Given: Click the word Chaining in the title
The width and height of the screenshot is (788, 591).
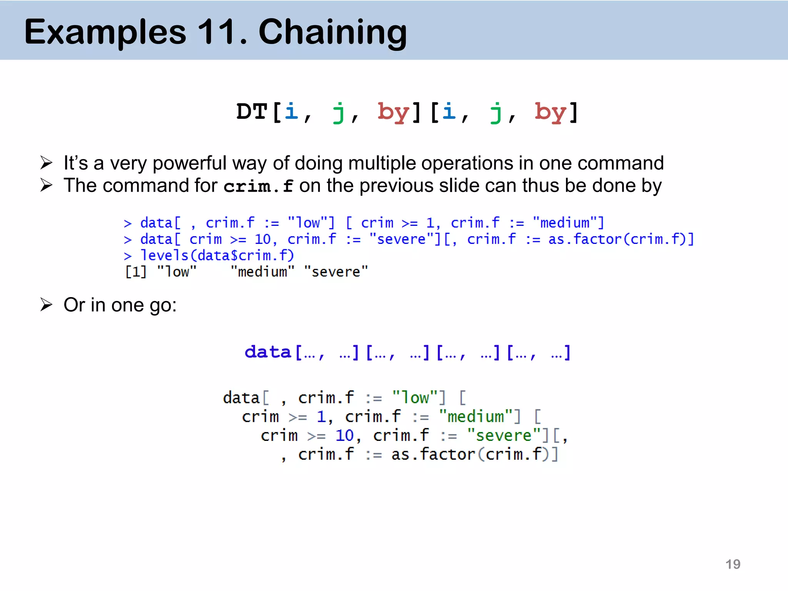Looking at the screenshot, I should tap(332, 32).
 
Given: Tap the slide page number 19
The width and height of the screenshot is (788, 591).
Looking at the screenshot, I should tap(733, 564).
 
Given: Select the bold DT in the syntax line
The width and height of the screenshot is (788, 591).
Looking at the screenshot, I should tap(252, 112).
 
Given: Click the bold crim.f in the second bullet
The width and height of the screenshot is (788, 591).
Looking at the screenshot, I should tap(258, 187).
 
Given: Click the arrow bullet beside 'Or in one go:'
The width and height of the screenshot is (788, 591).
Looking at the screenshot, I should tap(46, 305).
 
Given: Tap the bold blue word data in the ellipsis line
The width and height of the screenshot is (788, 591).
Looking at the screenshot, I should tap(268, 352).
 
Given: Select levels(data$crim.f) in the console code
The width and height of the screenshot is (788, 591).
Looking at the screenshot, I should tap(217, 255).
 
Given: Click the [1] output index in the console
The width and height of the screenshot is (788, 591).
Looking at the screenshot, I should tap(136, 272).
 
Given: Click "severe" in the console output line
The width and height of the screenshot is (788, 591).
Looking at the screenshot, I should tap(336, 272).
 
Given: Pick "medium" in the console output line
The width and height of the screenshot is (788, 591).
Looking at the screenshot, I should tap(262, 272).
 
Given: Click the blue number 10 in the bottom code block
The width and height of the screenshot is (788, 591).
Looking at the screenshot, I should tap(344, 436).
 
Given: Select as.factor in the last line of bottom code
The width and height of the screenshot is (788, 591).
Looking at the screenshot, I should tap(433, 454).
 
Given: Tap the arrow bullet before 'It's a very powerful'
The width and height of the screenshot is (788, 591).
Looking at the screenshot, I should tap(46, 163).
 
